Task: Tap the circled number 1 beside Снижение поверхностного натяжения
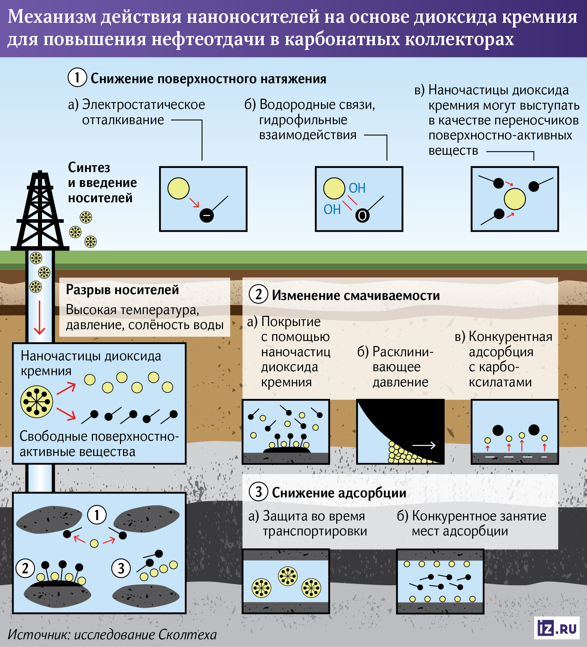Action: (77, 77)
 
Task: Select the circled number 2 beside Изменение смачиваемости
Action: (259, 294)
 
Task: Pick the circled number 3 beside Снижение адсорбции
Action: (259, 492)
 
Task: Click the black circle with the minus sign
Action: (206, 215)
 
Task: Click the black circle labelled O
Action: (362, 215)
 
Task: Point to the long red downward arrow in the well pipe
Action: (40, 317)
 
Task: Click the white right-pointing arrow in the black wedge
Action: (424, 445)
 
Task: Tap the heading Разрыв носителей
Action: (122, 290)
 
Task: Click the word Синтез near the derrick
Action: (89, 168)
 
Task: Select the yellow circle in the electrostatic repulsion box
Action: (178, 188)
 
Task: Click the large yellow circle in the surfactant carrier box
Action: (514, 199)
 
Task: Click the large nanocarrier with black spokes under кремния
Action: (37, 402)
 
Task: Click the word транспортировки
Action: (315, 531)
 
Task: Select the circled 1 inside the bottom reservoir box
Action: (97, 515)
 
